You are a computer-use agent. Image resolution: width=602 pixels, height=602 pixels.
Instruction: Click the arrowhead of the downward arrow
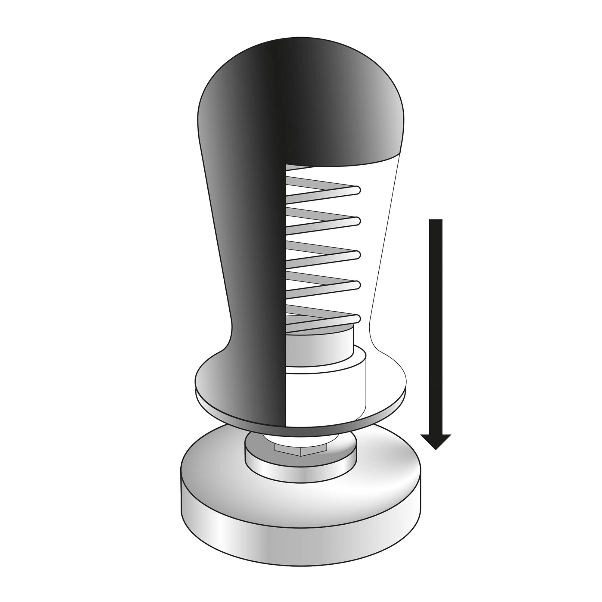click(436, 441)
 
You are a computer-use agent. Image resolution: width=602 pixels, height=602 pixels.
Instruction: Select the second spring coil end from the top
click(357, 221)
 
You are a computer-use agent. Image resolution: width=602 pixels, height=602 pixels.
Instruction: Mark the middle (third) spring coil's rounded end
click(357, 255)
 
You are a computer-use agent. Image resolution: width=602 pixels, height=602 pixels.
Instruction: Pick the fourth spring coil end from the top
click(357, 284)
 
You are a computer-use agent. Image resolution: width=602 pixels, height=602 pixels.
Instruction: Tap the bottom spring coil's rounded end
click(357, 318)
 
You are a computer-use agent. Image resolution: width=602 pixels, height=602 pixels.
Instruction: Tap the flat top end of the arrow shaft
click(436, 221)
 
